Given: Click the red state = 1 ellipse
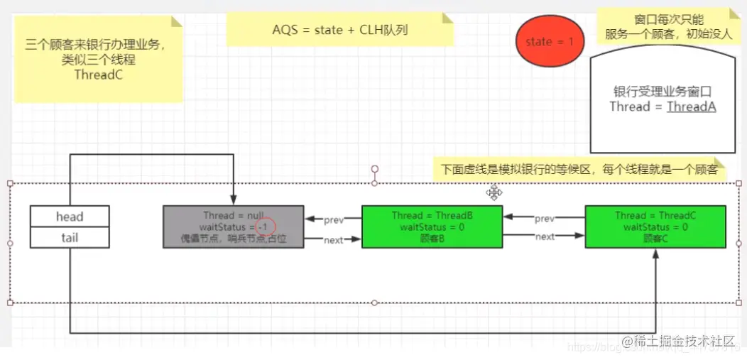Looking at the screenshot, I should pos(549,42).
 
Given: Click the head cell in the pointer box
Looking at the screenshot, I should pos(70,217).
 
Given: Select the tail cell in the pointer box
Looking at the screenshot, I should pos(70,238).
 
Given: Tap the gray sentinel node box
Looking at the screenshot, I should pos(233,227).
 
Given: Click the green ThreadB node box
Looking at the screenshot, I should pos(432,227).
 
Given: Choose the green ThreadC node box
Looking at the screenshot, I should pos(655,227).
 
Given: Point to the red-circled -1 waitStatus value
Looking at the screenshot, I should pos(265,227).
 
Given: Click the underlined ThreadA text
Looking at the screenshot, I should pos(691,107).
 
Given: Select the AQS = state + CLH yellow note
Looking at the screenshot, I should pos(339,31).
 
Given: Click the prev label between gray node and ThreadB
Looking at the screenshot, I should pos(333,220).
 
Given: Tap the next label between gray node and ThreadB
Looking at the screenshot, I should pos(333,240).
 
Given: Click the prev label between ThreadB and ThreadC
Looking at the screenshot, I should pos(544,218).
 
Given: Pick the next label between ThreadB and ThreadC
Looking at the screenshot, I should pos(544,236).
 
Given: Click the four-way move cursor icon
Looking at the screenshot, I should pos(494,192).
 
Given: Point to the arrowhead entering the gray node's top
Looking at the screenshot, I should pos(233,202).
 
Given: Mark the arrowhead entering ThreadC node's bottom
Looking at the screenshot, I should pos(655,253).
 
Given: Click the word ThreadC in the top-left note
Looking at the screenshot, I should pos(99,75).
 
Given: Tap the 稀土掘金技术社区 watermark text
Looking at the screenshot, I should pos(682,342).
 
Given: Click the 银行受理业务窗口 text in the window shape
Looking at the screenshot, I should pos(662,92).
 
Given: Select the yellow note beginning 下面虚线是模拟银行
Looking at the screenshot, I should pos(579,170).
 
